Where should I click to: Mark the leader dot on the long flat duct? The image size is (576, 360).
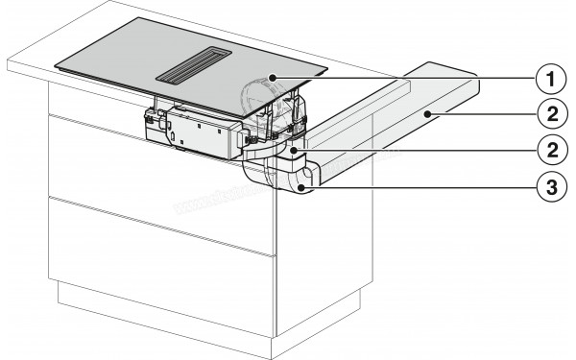426,114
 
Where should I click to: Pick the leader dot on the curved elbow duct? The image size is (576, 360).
304,189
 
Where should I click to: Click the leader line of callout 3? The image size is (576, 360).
422,189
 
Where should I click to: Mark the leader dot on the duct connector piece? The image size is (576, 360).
292,150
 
